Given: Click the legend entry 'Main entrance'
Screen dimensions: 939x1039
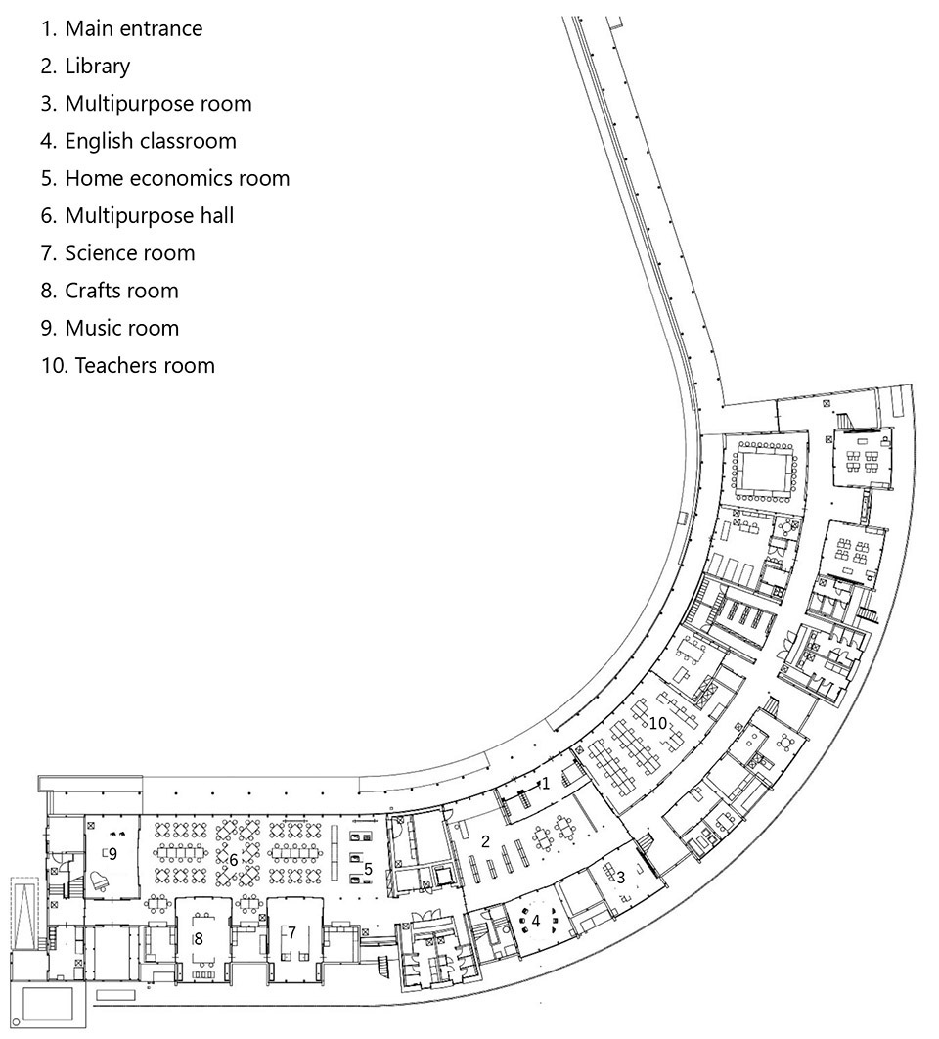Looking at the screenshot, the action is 121,28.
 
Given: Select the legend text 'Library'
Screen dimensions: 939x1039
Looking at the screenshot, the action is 85,67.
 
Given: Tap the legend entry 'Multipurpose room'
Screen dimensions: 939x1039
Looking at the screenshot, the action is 146,104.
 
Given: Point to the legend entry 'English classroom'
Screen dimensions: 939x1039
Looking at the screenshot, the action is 138,141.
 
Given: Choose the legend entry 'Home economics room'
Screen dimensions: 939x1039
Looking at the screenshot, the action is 165,178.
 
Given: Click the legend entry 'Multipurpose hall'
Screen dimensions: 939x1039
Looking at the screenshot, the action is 137,216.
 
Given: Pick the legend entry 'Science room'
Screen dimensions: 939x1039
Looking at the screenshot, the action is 117,253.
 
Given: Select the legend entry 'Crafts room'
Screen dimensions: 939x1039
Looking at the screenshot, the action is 110,291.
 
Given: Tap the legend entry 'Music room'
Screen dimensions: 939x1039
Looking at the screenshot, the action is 110,328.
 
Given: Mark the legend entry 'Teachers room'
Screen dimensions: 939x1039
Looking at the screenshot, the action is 128,366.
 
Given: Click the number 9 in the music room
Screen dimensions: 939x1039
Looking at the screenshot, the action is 112,853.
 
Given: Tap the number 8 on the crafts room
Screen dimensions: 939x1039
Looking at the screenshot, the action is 199,938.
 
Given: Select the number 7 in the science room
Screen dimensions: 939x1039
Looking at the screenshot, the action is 291,932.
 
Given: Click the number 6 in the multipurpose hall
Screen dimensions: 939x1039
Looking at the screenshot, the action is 233,860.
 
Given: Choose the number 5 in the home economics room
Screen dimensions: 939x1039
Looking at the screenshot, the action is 368,868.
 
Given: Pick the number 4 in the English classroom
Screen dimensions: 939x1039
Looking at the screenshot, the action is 536,921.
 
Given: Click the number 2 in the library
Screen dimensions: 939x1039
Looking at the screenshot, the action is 485,841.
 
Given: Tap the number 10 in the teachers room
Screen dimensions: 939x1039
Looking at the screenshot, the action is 658,723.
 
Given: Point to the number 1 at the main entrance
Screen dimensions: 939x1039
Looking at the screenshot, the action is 546,784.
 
